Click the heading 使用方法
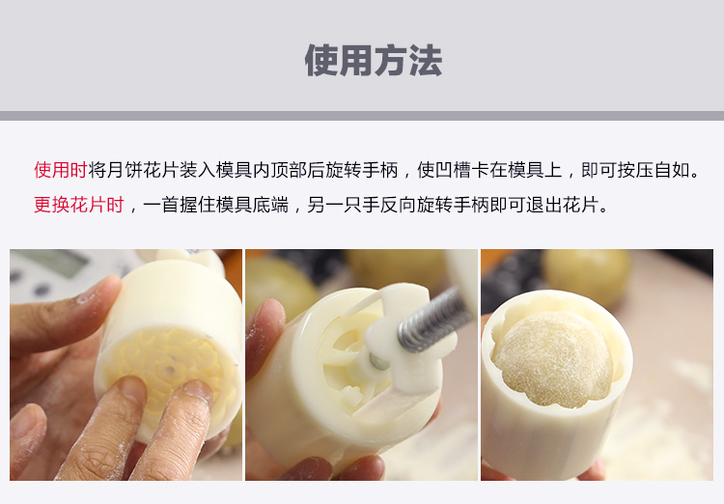373,60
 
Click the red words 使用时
61,170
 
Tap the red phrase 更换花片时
79,205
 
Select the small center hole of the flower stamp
170,371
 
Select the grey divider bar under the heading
362,116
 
